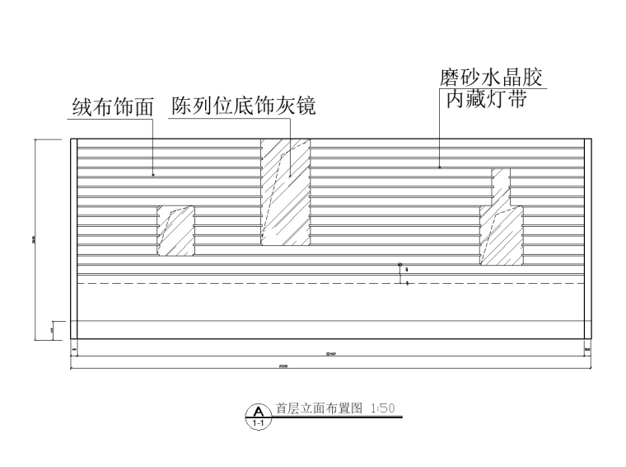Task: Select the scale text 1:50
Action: [x=383, y=408]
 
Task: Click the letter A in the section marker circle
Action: [x=259, y=410]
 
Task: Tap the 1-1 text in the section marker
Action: [x=259, y=422]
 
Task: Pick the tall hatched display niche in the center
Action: [x=285, y=191]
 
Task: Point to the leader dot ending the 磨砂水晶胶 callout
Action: [x=439, y=168]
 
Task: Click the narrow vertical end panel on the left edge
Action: [x=74, y=238]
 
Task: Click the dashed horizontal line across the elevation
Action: [x=247, y=283]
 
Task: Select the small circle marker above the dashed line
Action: [x=399, y=266]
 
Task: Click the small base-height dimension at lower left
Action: [x=51, y=330]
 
